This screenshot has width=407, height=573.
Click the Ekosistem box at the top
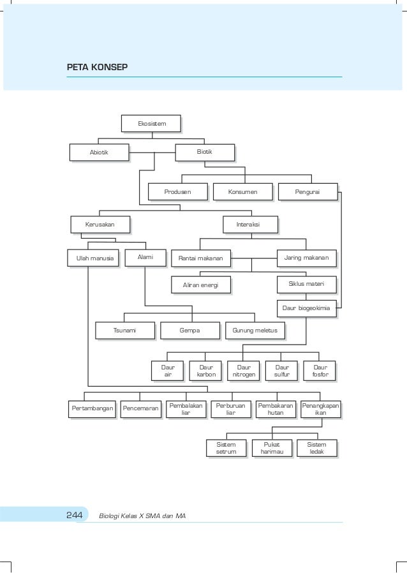point(151,123)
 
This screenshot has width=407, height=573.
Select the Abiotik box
point(99,153)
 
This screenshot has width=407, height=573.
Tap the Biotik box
point(204,152)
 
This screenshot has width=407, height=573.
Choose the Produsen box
point(177,191)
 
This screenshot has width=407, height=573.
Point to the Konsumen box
point(242,191)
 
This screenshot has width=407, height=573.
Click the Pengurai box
point(307,191)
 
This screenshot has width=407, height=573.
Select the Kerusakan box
point(100,225)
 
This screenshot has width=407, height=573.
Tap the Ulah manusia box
point(93,258)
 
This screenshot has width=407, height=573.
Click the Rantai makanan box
point(200,258)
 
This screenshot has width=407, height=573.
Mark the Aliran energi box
point(200,285)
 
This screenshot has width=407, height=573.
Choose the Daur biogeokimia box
point(306,308)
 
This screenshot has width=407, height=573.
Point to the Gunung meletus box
point(255,331)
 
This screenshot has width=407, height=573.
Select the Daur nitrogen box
point(243,371)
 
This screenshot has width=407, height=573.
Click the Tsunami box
point(124,331)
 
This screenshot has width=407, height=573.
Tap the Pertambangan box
point(93,408)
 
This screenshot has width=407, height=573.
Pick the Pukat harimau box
point(272,448)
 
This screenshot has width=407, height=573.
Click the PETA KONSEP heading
point(97,66)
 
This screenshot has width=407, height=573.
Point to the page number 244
point(75,515)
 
